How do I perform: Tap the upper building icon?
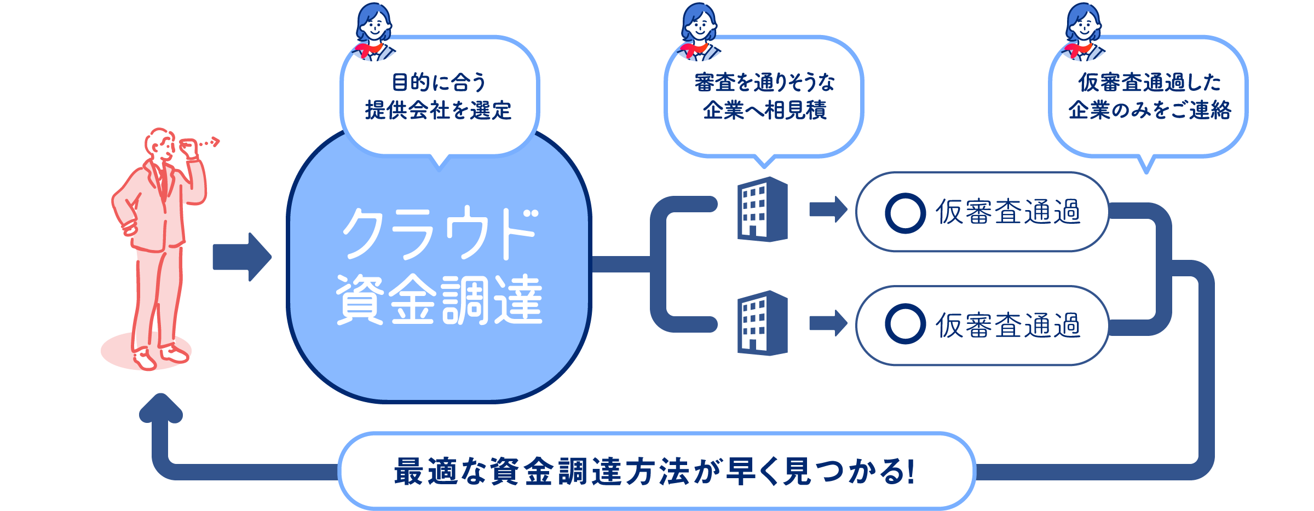tap(762, 209)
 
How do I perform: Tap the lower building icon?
tap(762, 323)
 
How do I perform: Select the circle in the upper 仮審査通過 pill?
tap(905, 213)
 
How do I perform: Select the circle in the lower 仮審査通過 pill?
tap(905, 324)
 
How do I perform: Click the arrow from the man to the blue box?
tap(241, 257)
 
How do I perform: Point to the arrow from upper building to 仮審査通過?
tap(828, 209)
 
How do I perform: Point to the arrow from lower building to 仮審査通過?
tap(828, 323)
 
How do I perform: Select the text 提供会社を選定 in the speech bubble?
tap(438, 111)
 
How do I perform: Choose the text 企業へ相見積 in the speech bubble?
tap(764, 111)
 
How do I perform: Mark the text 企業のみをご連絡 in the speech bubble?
tap(1149, 111)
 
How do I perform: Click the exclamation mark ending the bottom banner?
tap(910, 471)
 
